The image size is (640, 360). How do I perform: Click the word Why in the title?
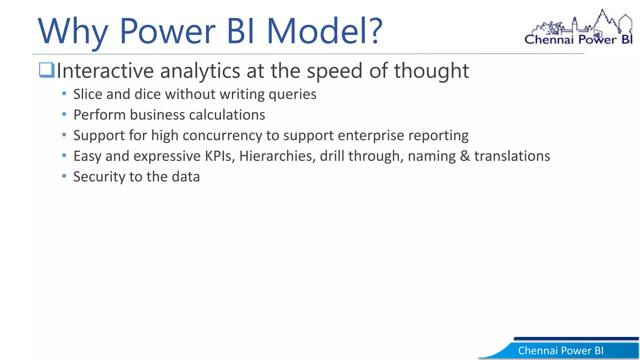point(73,31)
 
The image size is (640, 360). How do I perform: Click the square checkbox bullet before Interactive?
point(47,70)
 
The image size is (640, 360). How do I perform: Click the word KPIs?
point(219,156)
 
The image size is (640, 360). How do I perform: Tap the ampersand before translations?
point(465,156)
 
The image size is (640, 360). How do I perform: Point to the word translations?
point(512,156)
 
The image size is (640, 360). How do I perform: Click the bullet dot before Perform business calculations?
point(64,114)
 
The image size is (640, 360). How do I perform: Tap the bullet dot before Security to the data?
point(64,176)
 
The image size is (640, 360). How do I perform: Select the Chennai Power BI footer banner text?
point(561,351)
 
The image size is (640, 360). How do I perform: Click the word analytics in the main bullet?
point(200,71)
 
